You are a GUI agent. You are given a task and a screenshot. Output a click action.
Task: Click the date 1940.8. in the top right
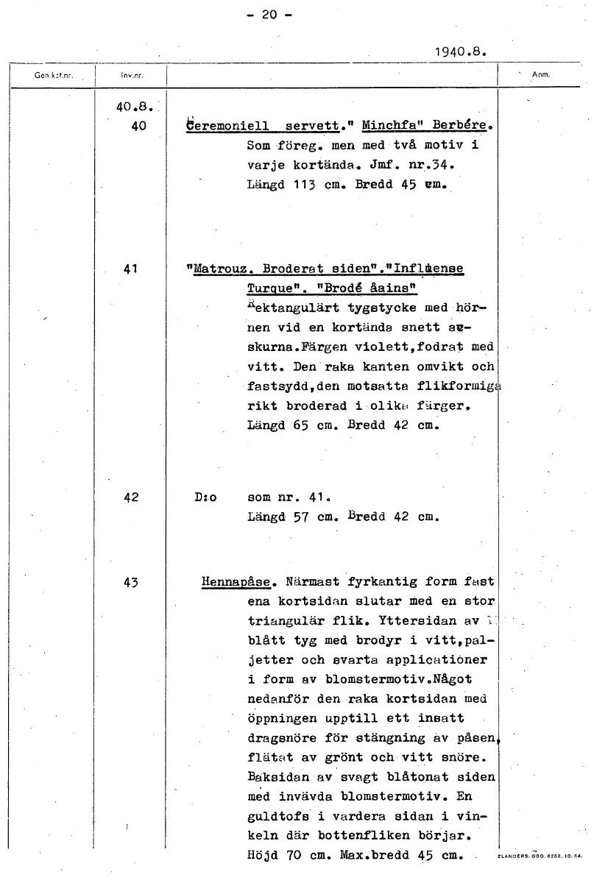pyautogui.click(x=462, y=52)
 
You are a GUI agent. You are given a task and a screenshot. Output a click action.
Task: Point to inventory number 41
pyautogui.click(x=133, y=269)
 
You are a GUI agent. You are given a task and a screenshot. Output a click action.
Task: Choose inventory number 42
pyautogui.click(x=132, y=497)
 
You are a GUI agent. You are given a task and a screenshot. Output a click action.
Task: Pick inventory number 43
pyautogui.click(x=132, y=583)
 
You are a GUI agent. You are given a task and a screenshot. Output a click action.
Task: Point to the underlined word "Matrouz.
pyautogui.click(x=222, y=269)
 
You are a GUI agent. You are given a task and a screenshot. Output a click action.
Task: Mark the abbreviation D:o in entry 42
pyautogui.click(x=206, y=497)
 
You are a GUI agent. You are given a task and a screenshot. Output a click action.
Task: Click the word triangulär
pyautogui.click(x=286, y=621)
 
